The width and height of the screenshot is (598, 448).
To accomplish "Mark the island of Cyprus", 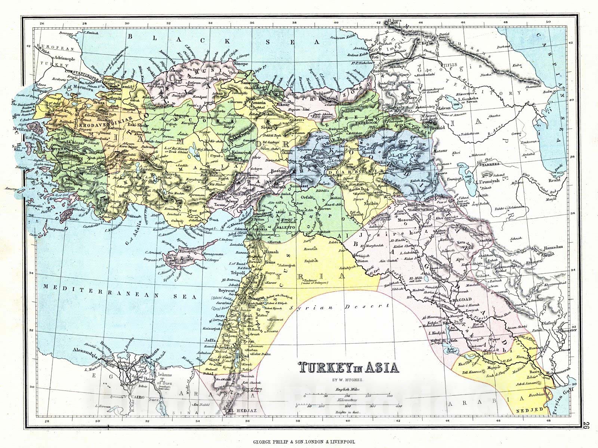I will pos(194,254).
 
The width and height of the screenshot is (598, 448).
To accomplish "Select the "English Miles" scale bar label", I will pos(348,389).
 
